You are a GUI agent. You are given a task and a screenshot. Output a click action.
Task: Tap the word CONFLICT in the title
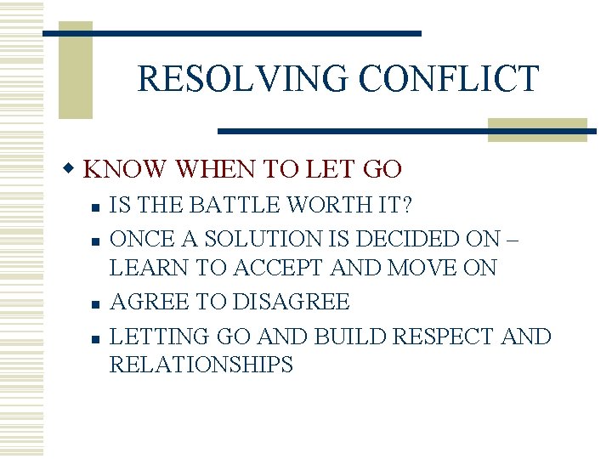(448, 78)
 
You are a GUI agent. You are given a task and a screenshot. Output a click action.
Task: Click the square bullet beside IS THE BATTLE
(98, 207)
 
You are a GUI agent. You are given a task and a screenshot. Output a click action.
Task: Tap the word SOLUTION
(240, 238)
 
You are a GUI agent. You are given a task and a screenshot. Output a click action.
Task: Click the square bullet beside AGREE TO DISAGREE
(98, 303)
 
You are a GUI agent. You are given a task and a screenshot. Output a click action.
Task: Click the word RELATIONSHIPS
(201, 365)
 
